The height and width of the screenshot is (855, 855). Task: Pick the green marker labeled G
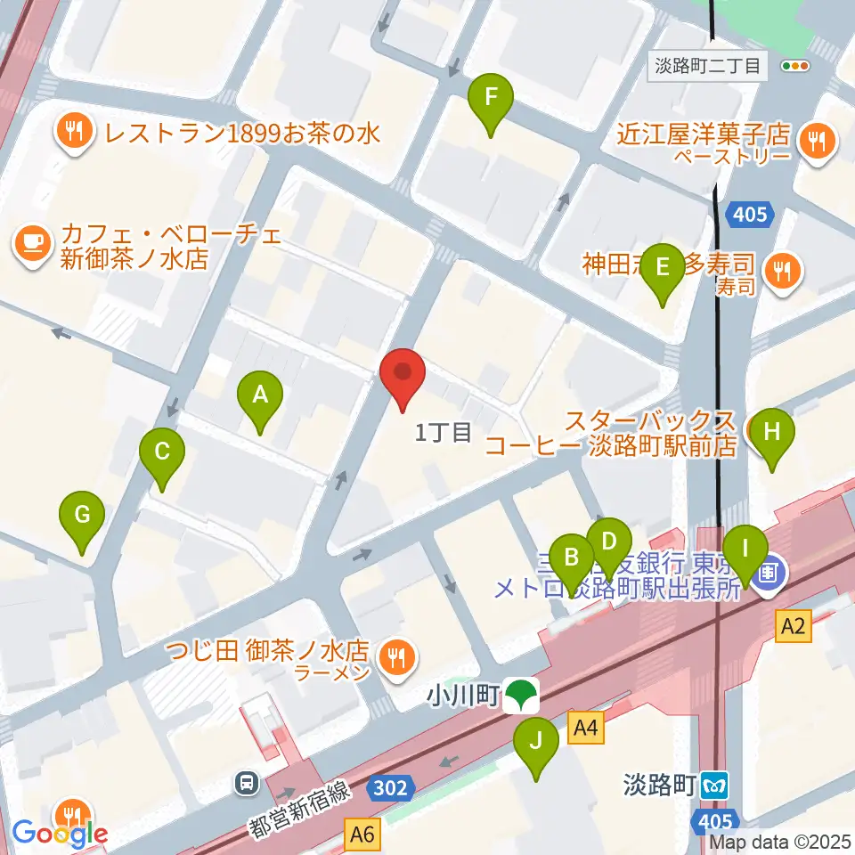click(82, 516)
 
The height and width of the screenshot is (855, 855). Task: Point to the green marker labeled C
click(161, 452)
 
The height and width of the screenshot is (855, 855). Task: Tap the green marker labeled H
click(771, 433)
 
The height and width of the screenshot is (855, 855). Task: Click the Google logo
click(61, 834)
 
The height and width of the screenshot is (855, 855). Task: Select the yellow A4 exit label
click(585, 729)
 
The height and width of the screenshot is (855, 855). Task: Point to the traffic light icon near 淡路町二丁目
click(794, 65)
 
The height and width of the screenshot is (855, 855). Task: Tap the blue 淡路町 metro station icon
click(714, 786)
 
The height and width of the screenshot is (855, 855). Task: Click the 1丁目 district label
click(444, 434)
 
